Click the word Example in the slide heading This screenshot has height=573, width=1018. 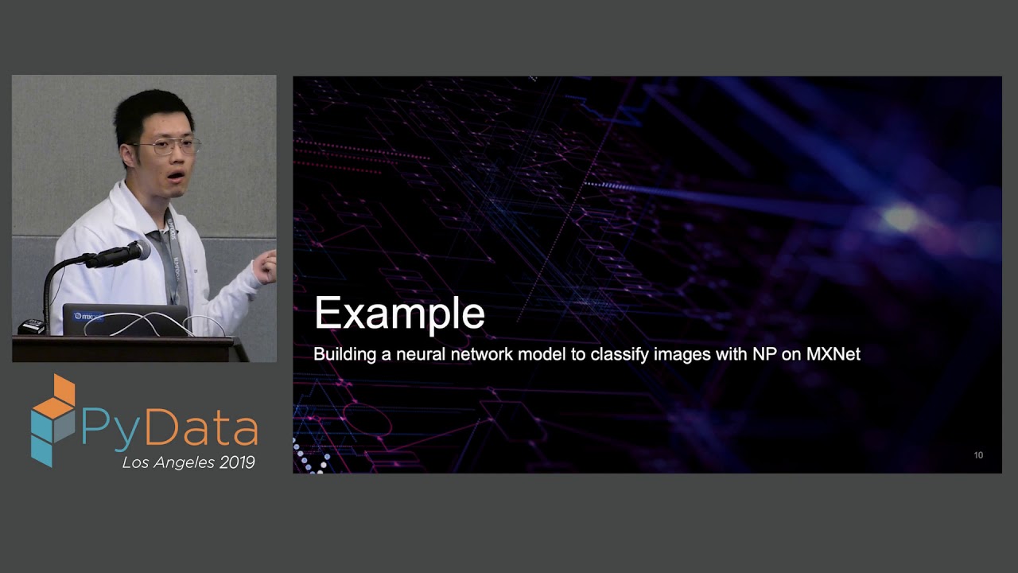pos(399,313)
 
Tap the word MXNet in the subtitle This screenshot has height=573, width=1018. pos(833,354)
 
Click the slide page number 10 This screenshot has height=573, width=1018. pos(978,455)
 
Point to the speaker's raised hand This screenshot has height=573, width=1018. pos(266,267)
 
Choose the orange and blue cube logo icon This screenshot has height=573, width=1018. pos(53,419)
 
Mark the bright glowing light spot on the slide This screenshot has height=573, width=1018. pos(901,217)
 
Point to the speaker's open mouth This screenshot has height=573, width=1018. pos(177,174)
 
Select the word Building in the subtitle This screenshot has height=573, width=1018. pos(344,354)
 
